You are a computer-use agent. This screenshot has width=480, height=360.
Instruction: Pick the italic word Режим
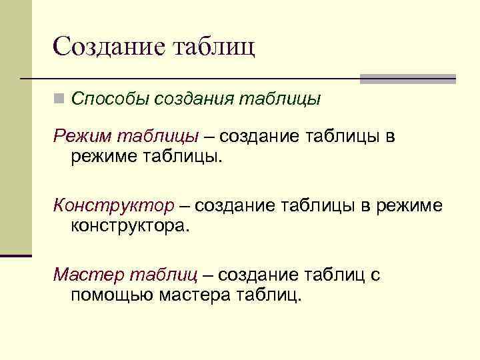[83, 137]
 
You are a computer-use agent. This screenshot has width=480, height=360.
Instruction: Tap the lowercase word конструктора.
[130, 225]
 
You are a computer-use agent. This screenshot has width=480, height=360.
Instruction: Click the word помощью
[112, 294]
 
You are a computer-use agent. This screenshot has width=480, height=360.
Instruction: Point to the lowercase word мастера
[195, 294]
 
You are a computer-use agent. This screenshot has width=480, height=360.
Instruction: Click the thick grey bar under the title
[407, 79]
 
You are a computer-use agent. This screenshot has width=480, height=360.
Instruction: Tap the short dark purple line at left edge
[16, 255]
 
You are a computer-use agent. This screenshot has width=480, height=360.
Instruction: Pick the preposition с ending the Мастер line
[375, 274]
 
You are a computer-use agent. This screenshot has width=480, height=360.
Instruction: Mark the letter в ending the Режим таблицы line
[390, 137]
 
